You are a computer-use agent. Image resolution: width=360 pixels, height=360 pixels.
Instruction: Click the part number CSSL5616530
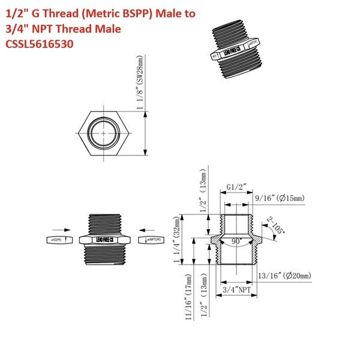pos(40,44)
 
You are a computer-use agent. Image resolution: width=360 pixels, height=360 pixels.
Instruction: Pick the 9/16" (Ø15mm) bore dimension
pos(280,198)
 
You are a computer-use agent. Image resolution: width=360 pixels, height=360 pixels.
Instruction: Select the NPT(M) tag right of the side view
pos(152,240)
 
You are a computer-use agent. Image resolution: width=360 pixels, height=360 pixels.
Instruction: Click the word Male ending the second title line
pos(108,28)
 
